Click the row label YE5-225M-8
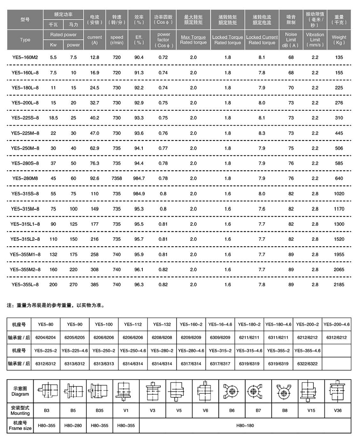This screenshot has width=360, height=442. click(x=25, y=133)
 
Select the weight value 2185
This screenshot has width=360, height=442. click(x=339, y=285)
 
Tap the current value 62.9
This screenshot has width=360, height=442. click(x=95, y=148)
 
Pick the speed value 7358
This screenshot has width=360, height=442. click(x=117, y=179)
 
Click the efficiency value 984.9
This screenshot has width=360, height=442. click(x=139, y=194)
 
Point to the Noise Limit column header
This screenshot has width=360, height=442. click(x=291, y=40)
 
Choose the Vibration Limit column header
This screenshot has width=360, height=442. click(x=315, y=40)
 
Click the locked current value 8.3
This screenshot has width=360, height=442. click(x=262, y=133)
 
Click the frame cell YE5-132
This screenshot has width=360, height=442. click(x=162, y=324)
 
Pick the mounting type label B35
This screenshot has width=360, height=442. click(x=100, y=411)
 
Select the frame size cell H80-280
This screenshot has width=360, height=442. click(x=73, y=425)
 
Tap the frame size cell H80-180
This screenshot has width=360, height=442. click(x=244, y=425)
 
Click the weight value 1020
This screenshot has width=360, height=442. click(x=339, y=194)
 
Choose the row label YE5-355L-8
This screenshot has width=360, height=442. click(x=25, y=285)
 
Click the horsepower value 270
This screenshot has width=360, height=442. click(x=73, y=285)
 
